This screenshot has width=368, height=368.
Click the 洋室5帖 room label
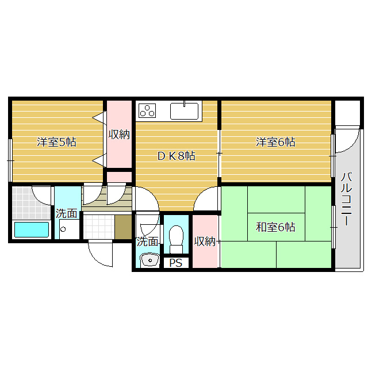click(56, 142)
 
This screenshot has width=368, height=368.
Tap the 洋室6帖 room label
click(275, 142)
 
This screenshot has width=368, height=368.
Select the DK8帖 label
click(176, 156)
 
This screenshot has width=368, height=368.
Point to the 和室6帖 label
click(275, 227)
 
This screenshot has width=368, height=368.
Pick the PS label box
click(176, 263)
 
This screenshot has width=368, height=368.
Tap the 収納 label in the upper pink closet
click(119, 135)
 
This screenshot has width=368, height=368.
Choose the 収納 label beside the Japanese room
click(205, 241)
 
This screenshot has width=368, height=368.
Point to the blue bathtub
click(31, 229)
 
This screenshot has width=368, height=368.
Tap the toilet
click(176, 236)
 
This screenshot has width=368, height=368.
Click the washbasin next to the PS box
click(149, 260)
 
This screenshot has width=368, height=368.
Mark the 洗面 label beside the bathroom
click(67, 213)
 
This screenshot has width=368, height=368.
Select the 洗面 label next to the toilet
click(147, 241)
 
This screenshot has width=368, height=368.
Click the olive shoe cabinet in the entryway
click(122, 227)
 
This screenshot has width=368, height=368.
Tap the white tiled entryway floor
click(98, 227)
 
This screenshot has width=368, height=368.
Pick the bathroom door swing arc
click(41, 194)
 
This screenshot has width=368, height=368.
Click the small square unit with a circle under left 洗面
click(62, 229)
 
